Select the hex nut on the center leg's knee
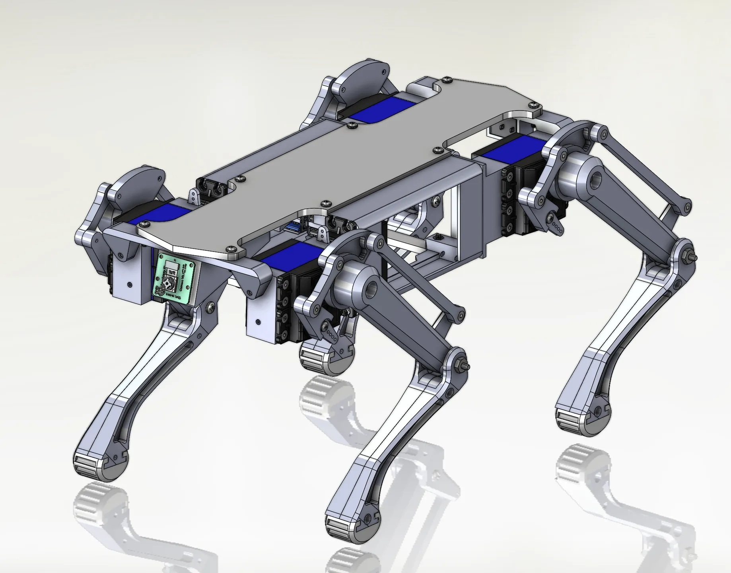click(461, 364)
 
